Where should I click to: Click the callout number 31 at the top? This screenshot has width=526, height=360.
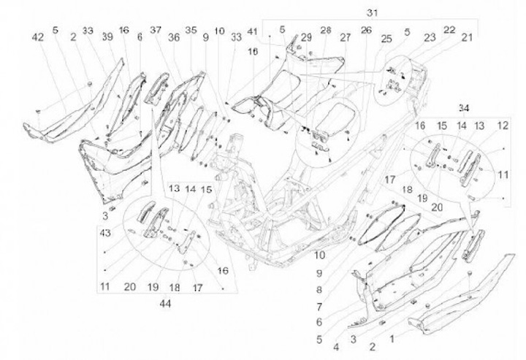[372, 12]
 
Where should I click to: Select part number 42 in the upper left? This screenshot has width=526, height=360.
[38, 37]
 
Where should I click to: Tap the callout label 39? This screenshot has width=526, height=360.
[107, 37]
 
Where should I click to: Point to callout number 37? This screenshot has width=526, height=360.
[156, 30]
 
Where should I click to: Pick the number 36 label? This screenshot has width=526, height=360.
[174, 37]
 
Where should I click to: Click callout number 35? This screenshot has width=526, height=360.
[191, 30]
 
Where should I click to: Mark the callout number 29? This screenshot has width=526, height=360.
[306, 37]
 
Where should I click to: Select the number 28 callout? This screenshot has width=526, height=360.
[325, 30]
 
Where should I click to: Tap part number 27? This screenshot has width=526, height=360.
[345, 37]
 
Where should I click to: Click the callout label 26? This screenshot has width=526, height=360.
[366, 30]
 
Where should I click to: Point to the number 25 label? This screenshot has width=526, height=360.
[386, 39]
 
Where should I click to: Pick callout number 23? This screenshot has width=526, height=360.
[430, 37]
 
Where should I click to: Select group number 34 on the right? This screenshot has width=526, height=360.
[464, 108]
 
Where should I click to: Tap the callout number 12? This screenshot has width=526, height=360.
[503, 126]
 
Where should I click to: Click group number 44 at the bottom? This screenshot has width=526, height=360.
[165, 304]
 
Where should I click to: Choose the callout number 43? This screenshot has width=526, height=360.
[105, 232]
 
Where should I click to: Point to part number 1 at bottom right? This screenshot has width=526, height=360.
[392, 339]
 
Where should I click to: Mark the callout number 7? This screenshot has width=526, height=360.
[319, 307]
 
